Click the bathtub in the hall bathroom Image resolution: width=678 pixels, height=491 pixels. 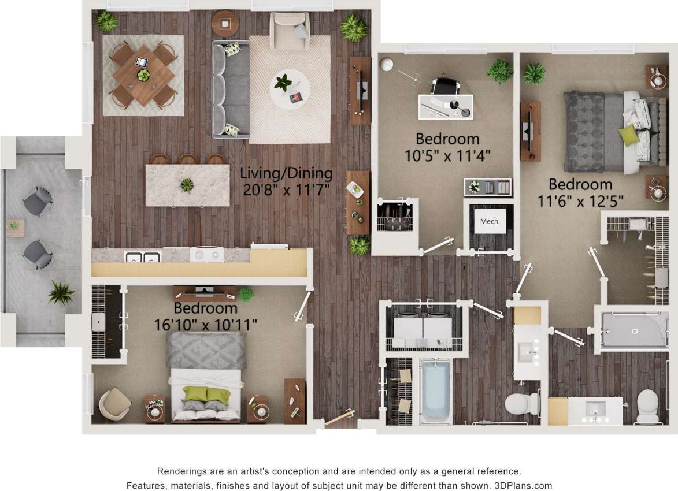[435, 390]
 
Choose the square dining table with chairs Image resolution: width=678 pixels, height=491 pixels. [143, 75]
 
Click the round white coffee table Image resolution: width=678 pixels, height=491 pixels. [288, 90]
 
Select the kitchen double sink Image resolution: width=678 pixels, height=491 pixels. [142, 256]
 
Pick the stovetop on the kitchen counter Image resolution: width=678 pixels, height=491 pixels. [206, 254]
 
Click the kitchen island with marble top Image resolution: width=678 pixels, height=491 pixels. [187, 185]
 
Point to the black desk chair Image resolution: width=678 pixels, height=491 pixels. [444, 86]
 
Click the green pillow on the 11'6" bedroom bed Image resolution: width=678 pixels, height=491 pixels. [629, 135]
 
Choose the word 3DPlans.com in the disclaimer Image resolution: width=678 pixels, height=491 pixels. [523, 485]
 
